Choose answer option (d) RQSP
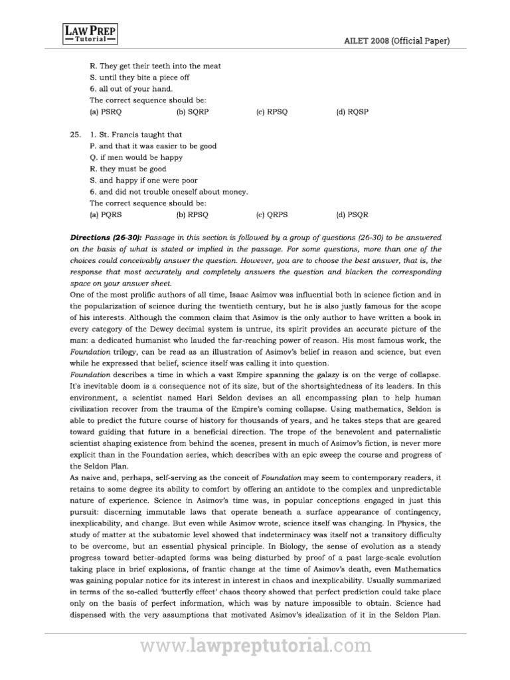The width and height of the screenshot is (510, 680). click(x=352, y=112)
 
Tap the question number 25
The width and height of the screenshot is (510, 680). click(x=75, y=134)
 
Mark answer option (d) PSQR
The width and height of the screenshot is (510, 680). click(x=352, y=215)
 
